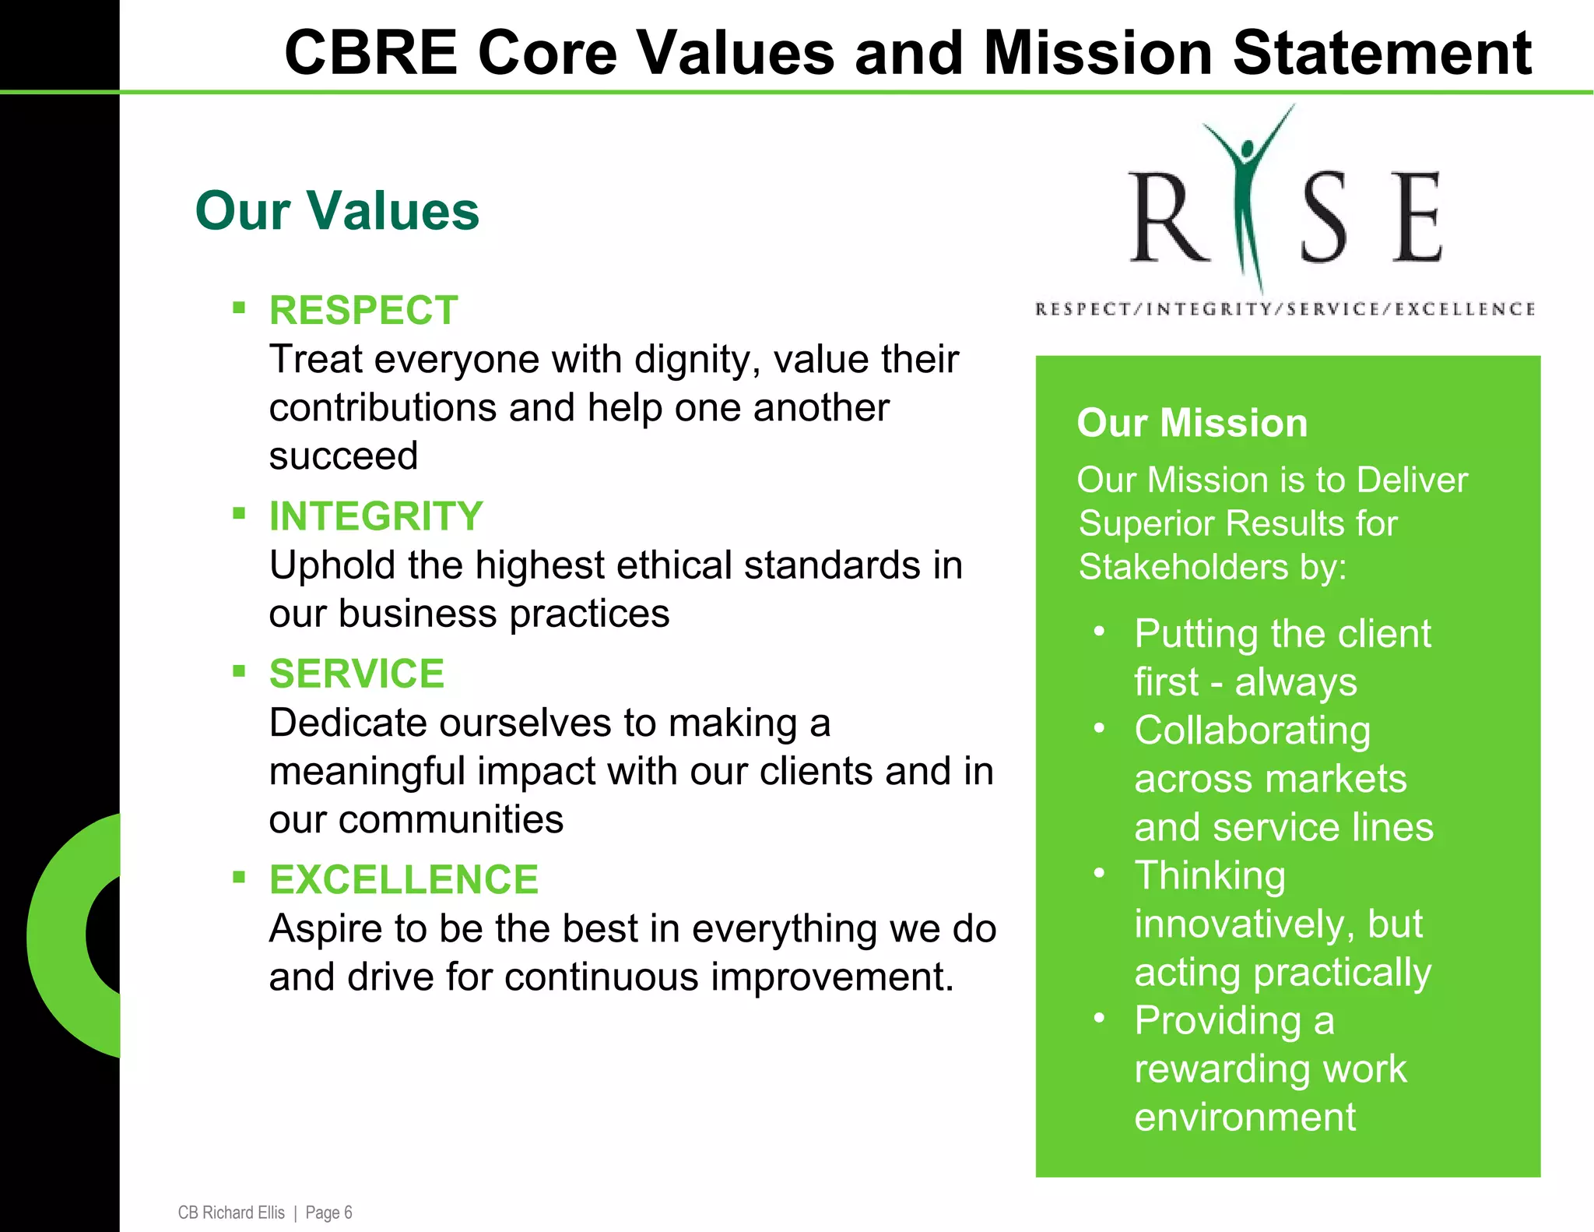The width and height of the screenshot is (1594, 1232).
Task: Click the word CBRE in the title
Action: click(x=370, y=53)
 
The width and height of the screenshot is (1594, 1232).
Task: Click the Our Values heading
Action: click(x=336, y=211)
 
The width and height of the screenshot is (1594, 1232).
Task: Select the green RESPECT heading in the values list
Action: click(x=363, y=311)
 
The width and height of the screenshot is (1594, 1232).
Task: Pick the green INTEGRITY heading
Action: click(x=376, y=516)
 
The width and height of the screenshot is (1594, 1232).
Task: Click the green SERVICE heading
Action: click(x=356, y=674)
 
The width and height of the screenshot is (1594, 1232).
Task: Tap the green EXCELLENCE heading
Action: click(x=403, y=880)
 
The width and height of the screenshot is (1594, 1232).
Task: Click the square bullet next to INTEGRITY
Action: click(x=239, y=513)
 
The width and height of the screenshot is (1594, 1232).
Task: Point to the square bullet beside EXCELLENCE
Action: click(x=239, y=878)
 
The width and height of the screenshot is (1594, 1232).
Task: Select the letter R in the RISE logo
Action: click(x=1167, y=218)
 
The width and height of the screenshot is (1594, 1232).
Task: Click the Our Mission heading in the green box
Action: click(x=1192, y=424)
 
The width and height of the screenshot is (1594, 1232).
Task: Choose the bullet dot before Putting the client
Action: click(x=1099, y=632)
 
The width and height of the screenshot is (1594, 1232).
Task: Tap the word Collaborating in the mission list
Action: click(x=1252, y=731)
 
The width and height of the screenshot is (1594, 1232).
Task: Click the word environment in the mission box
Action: click(x=1245, y=1117)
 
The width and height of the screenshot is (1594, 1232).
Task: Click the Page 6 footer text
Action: click(x=328, y=1213)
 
